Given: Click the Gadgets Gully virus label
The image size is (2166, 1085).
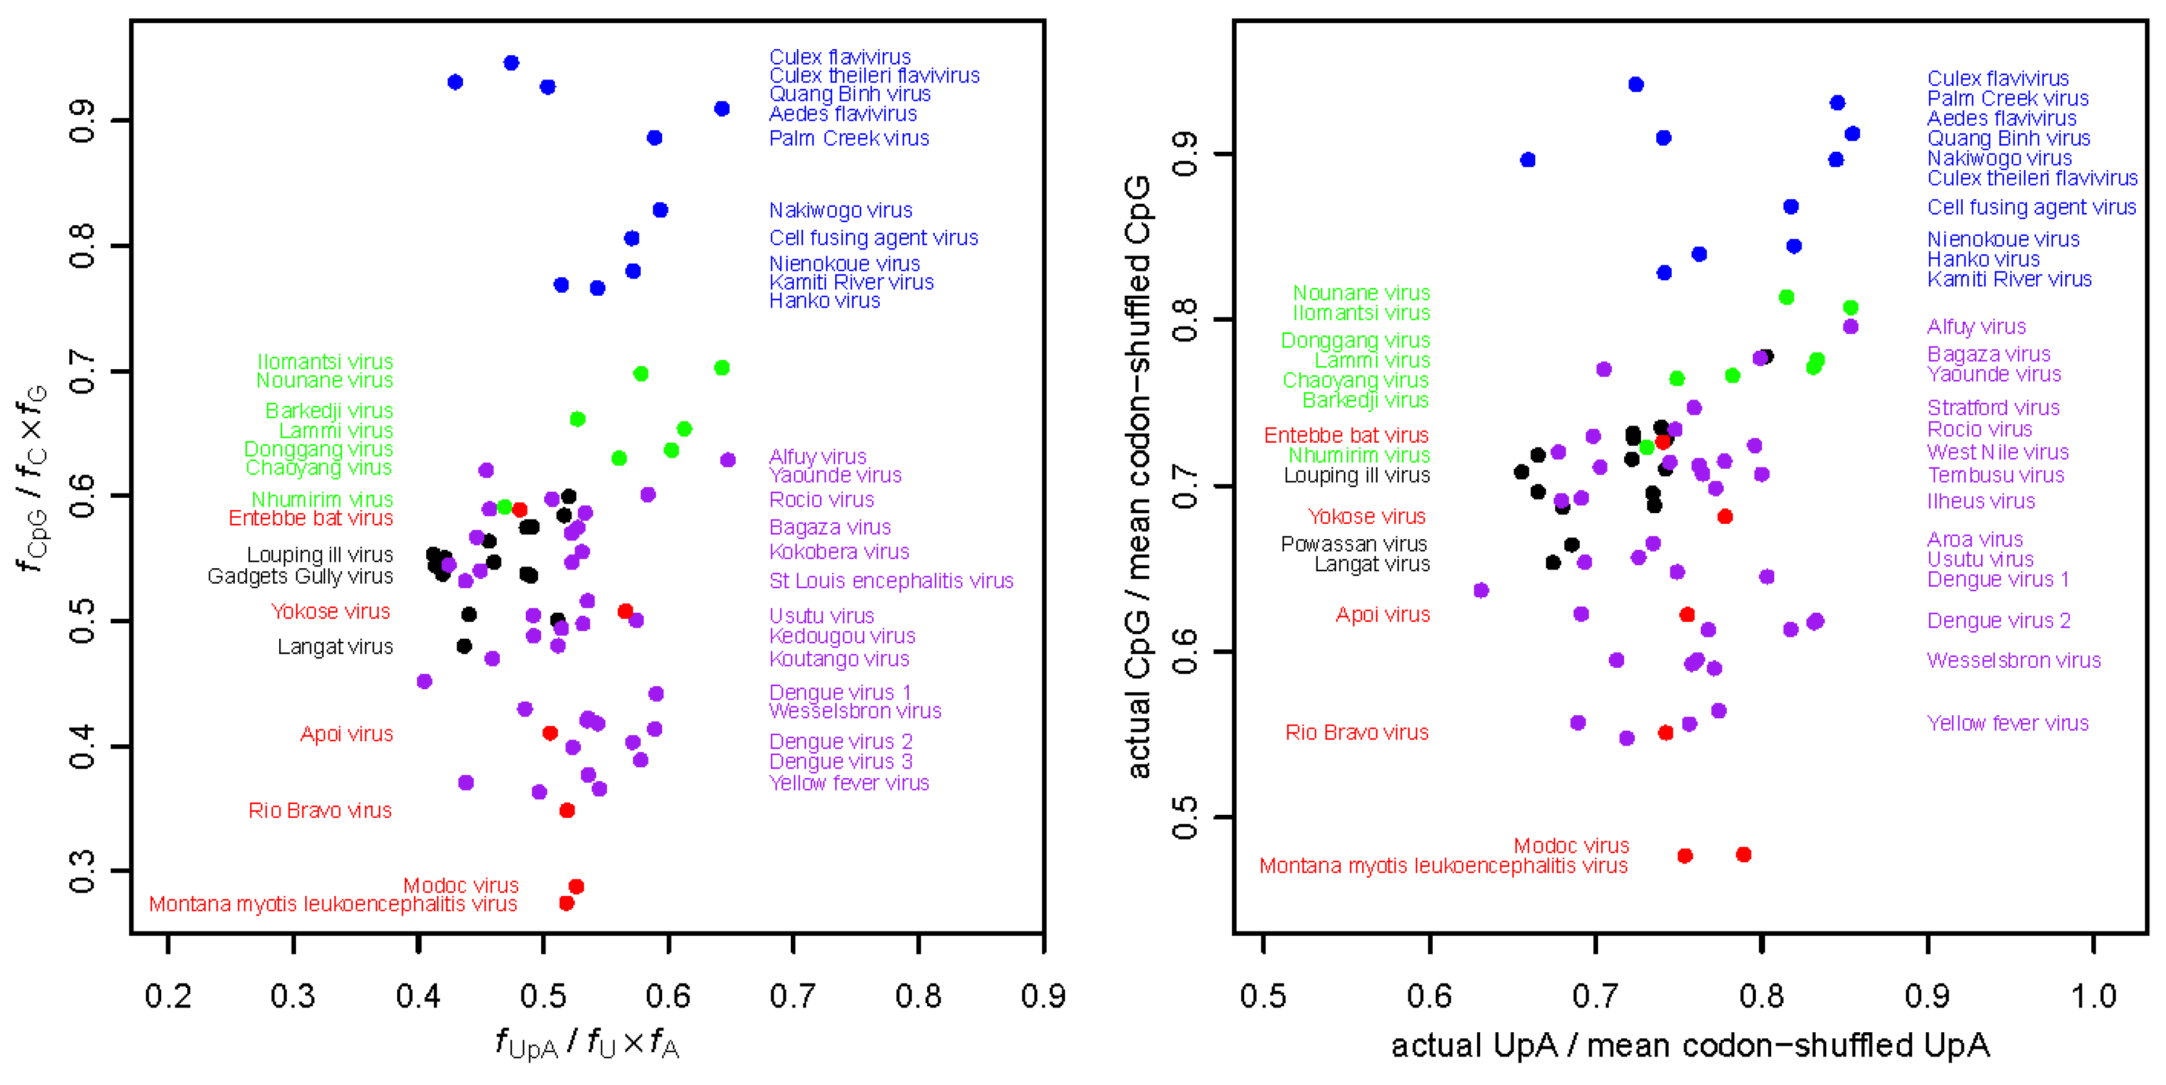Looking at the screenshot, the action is [x=300, y=577].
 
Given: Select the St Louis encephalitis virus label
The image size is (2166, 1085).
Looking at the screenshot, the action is [x=892, y=581].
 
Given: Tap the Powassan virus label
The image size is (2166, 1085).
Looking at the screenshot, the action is [x=1354, y=544].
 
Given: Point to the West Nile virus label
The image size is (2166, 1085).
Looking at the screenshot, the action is [x=1998, y=452].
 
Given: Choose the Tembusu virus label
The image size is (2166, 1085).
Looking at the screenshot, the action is [x=1995, y=475].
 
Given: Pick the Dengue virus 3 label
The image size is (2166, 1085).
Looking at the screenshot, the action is [x=841, y=761].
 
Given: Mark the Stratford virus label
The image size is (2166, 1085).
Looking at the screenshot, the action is [x=1994, y=408].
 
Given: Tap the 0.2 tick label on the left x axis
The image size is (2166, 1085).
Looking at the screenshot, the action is [x=168, y=996].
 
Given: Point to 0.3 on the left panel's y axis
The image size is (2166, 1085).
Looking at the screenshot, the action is [x=82, y=872].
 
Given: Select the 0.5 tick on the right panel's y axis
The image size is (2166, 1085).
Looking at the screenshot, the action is [x=1184, y=817].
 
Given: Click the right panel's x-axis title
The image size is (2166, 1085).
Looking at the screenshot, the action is [x=1690, y=1045].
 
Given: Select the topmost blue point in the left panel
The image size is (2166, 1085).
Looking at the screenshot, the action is [x=511, y=63].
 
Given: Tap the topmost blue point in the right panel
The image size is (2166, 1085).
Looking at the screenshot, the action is [x=1636, y=85].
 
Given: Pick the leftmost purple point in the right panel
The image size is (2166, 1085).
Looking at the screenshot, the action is [x=1481, y=591].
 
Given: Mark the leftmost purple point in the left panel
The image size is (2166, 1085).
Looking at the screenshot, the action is [x=424, y=681].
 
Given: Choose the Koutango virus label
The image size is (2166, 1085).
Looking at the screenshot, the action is [x=839, y=659].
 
